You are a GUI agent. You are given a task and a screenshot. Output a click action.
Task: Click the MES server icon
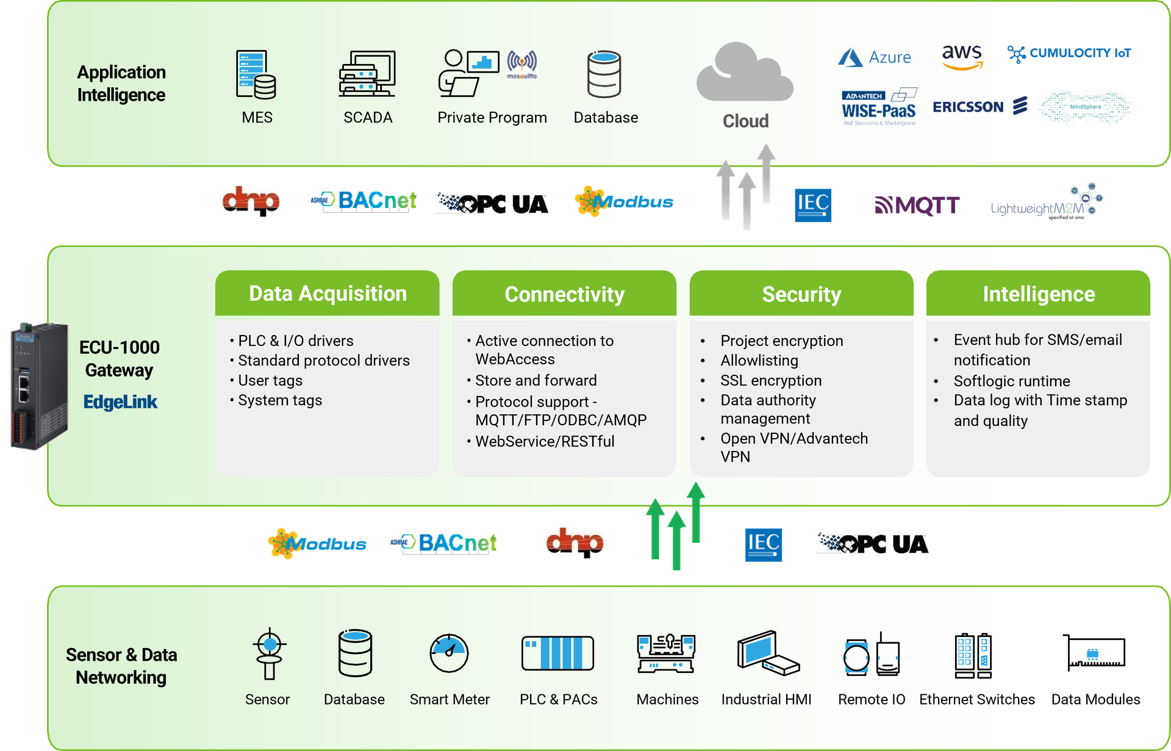(x=256, y=74)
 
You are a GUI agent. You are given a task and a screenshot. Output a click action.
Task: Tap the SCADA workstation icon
(x=367, y=74)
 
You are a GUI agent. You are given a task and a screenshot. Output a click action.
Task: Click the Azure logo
(x=875, y=57)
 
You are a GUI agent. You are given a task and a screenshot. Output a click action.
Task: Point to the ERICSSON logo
(x=979, y=107)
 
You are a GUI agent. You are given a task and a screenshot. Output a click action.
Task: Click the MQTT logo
(x=917, y=205)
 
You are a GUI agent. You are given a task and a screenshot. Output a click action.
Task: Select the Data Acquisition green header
(x=328, y=293)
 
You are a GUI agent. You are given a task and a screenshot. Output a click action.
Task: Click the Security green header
(x=801, y=294)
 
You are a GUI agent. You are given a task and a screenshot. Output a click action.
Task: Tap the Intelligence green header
(x=1038, y=294)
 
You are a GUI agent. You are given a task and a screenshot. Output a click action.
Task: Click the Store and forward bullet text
(x=535, y=381)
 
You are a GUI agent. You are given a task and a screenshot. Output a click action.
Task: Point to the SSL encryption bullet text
(x=770, y=381)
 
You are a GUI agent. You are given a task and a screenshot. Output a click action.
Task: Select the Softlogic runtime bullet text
(x=1011, y=381)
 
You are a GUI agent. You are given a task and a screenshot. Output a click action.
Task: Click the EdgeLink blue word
(x=120, y=402)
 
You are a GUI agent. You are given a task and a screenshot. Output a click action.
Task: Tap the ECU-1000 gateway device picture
(x=38, y=386)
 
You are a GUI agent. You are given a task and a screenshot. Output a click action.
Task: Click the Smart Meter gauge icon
(x=449, y=653)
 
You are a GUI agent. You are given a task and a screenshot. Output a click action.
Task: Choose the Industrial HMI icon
(x=767, y=653)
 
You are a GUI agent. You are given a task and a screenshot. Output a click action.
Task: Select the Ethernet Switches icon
(x=973, y=656)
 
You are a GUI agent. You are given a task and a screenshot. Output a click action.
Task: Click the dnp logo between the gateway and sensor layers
(x=575, y=542)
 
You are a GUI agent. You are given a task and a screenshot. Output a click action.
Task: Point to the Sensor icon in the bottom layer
(x=269, y=653)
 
